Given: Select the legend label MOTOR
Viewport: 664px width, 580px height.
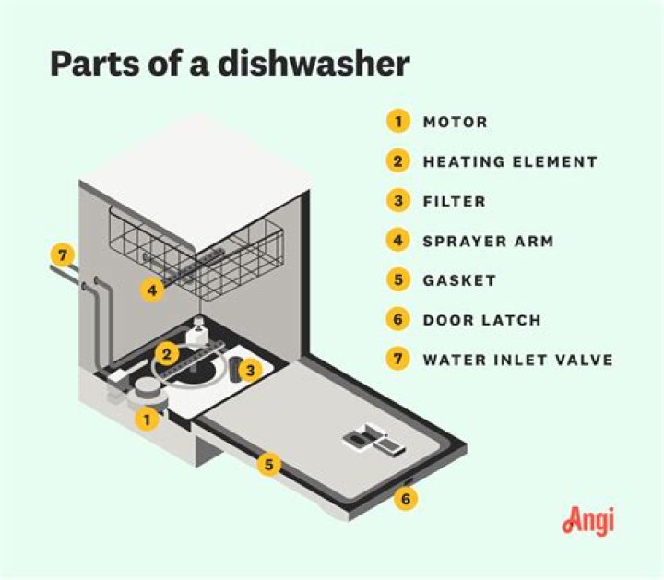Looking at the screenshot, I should [455, 122].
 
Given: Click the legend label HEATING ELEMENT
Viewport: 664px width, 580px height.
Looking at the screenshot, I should [509, 161].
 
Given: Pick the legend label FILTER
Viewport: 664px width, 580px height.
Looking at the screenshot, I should [454, 201].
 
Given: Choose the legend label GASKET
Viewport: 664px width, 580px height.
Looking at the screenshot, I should [459, 280].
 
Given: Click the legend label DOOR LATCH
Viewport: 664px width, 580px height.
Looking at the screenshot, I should [481, 320].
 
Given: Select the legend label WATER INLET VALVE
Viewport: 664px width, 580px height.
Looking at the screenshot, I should [517, 360].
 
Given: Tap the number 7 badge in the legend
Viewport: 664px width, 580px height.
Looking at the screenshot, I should [397, 360].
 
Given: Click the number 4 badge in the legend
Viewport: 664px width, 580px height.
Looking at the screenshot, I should [397, 241].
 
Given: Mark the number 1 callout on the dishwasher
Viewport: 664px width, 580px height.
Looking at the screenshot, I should [145, 420].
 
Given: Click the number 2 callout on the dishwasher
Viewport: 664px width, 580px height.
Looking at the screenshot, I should [167, 352].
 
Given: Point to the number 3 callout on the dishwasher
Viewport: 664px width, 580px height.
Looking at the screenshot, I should [248, 371].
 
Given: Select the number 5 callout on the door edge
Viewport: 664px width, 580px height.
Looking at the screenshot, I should [268, 464].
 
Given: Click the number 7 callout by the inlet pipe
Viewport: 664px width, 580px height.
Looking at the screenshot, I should [62, 254].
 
